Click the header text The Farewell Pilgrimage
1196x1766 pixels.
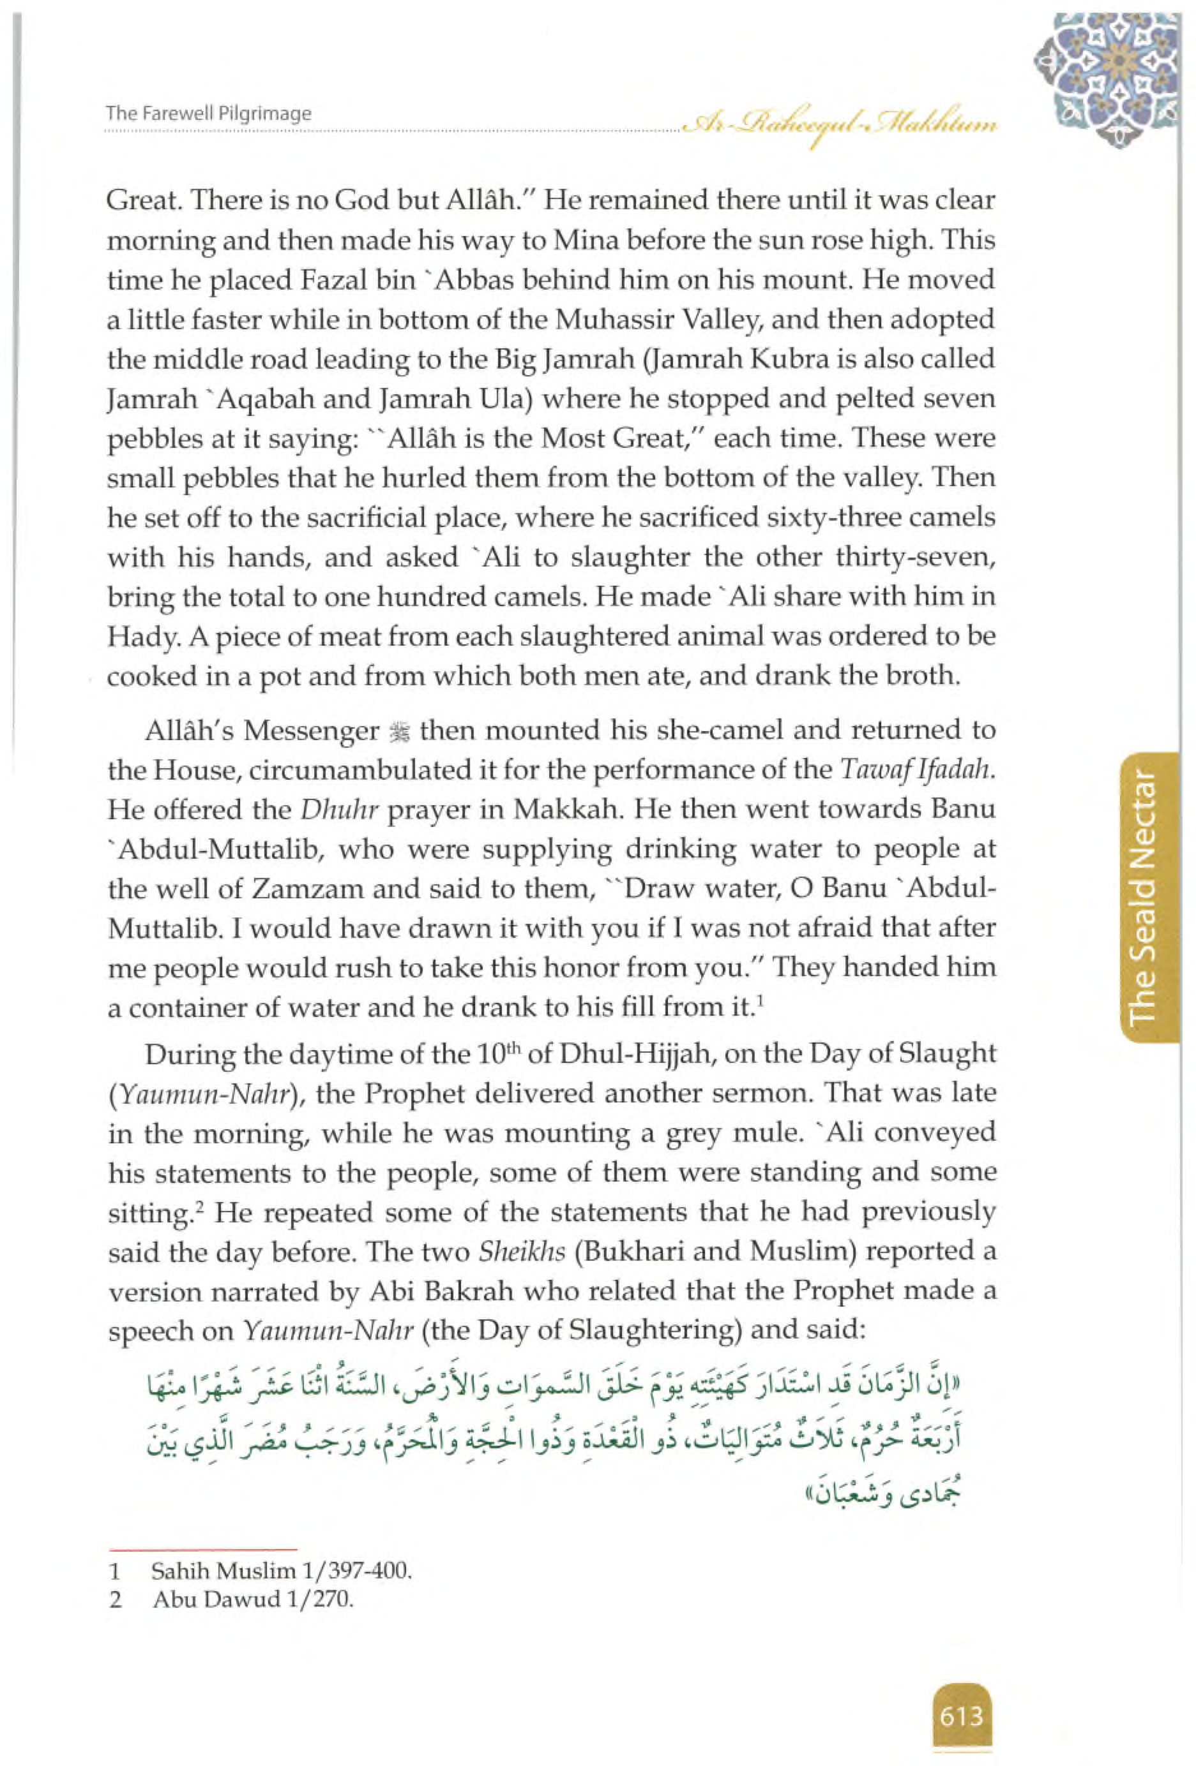pyautogui.click(x=208, y=114)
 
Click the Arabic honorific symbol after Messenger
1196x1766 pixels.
pyautogui.click(x=399, y=732)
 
